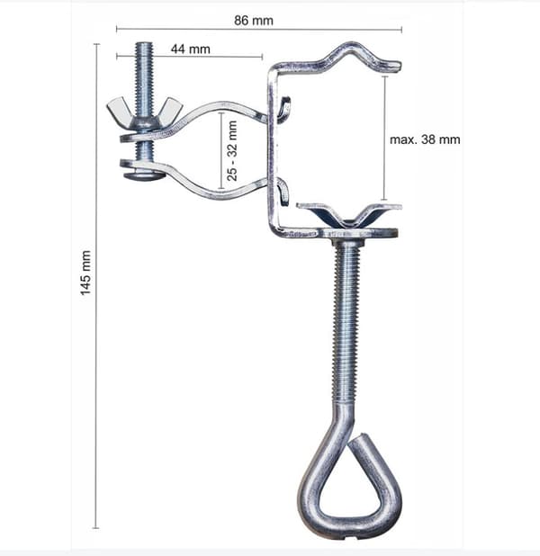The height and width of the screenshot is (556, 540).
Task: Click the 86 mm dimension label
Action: tap(254, 21)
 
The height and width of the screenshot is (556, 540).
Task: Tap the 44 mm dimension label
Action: tap(191, 49)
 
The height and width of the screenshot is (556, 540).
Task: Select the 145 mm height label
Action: tap(85, 273)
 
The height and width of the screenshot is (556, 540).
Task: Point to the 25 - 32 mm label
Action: tap(231, 151)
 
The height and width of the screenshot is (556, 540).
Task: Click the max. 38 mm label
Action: tap(425, 139)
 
